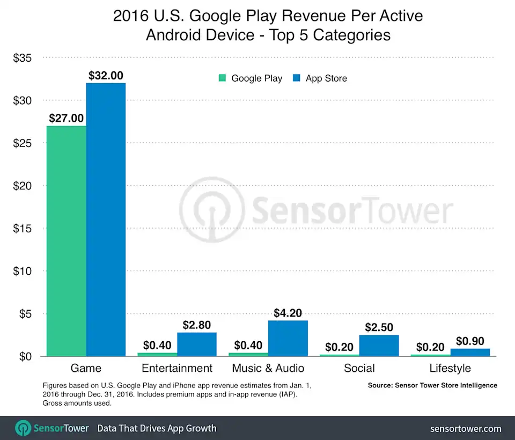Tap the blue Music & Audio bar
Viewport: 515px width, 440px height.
pos(288,338)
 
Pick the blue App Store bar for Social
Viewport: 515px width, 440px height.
pos(379,346)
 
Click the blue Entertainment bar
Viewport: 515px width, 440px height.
pos(197,344)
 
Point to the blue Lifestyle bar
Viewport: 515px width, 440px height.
pos(470,352)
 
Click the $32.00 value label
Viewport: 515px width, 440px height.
pos(106,76)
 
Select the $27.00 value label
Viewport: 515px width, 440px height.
pos(67,118)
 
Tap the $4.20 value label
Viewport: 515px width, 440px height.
pos(288,313)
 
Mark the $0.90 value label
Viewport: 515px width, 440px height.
pos(470,341)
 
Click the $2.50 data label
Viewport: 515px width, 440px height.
pos(379,327)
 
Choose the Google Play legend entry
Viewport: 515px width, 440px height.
pos(251,78)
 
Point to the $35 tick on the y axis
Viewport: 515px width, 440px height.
pos(24,57)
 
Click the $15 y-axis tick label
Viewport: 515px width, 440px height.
pos(24,228)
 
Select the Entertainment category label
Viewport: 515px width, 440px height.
pos(177,368)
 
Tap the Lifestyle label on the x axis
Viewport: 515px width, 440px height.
pos(450,368)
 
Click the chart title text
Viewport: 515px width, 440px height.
pos(268,26)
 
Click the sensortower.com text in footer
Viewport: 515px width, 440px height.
pos(466,428)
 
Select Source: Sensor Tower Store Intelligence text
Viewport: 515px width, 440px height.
pos(432,385)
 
